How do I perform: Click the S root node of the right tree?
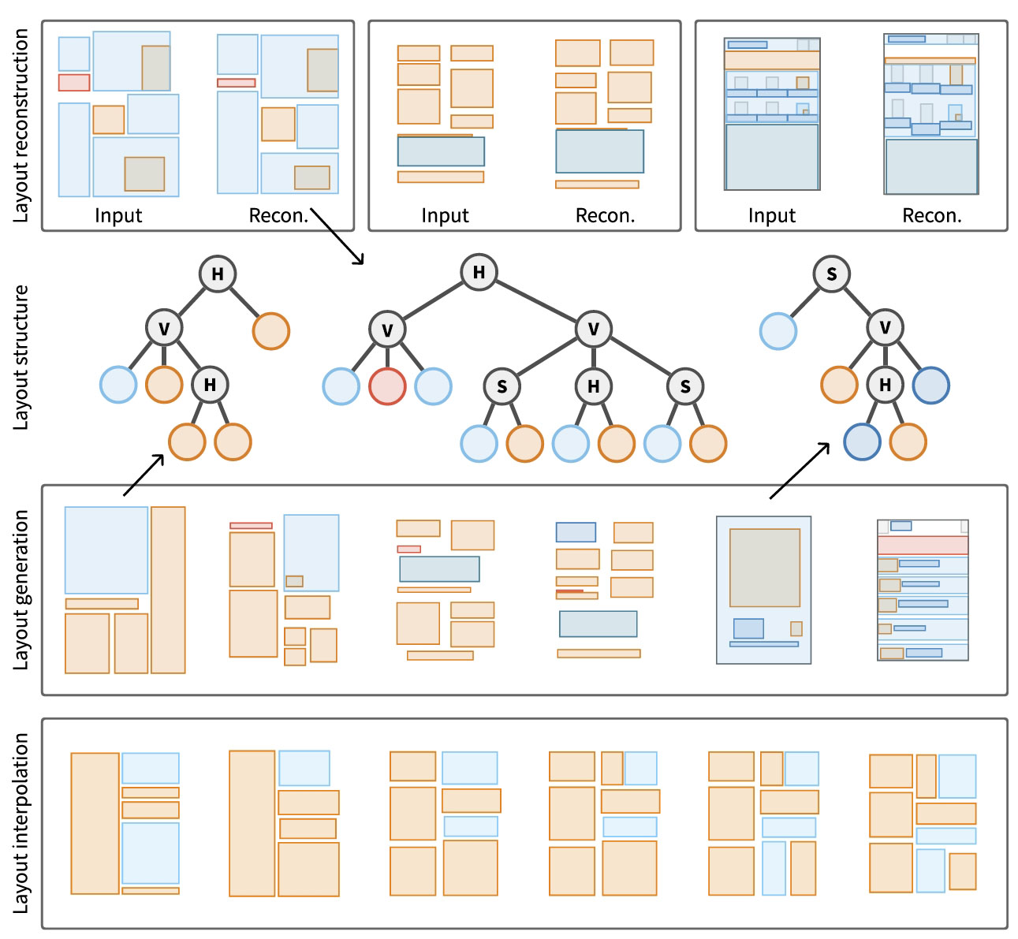click(x=831, y=274)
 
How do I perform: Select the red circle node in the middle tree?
click(x=387, y=386)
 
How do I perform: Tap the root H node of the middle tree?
click(x=479, y=273)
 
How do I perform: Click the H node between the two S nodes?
click(x=593, y=386)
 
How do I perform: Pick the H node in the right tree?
click(x=885, y=385)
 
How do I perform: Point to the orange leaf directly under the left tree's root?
click(x=270, y=331)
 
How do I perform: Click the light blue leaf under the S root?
click(x=777, y=331)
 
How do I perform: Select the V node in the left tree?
click(x=164, y=329)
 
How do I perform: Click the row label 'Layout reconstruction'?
click(x=21, y=126)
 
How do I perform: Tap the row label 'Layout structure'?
click(x=21, y=357)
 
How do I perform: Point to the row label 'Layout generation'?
click(x=21, y=590)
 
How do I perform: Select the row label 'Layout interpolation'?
click(x=21, y=823)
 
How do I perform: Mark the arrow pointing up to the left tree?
click(x=144, y=475)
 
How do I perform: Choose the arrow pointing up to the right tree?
click(x=800, y=471)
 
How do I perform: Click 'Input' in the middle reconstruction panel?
click(x=445, y=216)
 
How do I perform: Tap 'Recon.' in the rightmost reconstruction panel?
click(x=931, y=216)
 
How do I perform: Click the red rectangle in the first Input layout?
click(x=74, y=83)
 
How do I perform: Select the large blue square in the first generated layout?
click(x=106, y=550)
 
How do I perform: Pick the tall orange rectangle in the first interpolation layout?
click(x=95, y=823)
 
